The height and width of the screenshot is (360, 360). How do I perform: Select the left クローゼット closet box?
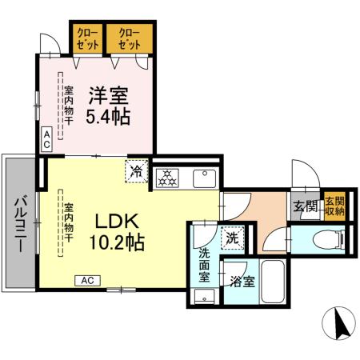[87, 38]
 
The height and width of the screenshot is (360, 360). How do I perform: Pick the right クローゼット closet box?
[130, 38]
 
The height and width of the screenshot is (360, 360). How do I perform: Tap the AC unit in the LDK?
[89, 280]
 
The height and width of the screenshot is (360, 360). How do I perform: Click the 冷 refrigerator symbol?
[137, 171]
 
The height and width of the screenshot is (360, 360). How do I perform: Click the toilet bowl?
[323, 238]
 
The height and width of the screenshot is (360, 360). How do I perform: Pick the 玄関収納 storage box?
[334, 206]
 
